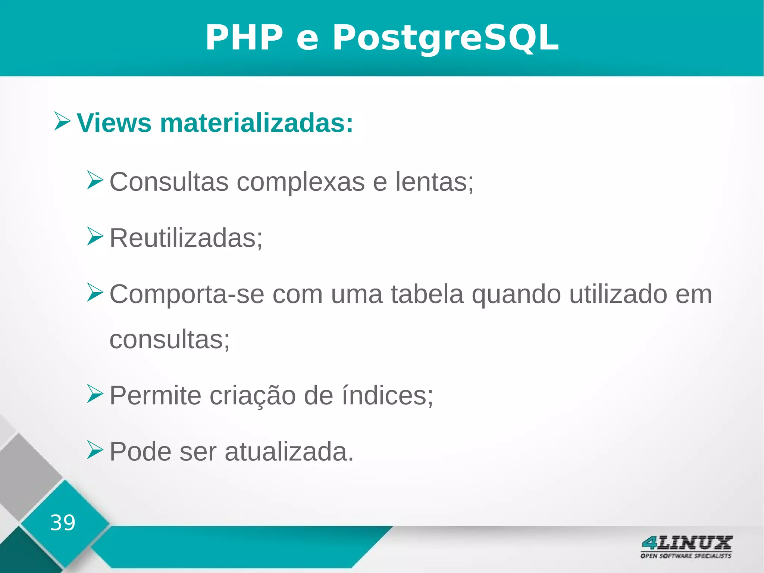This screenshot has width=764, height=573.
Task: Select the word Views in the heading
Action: pyautogui.click(x=114, y=123)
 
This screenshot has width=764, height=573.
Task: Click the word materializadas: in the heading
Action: pyautogui.click(x=256, y=123)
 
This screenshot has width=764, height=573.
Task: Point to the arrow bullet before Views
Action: pyautogui.click(x=62, y=121)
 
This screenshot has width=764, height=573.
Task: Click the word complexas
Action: pyautogui.click(x=301, y=182)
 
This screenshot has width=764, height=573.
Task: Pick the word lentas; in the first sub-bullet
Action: pyautogui.click(x=434, y=182)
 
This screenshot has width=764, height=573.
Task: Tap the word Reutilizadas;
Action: pyautogui.click(x=186, y=238)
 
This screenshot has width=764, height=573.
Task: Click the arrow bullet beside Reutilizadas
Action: pyautogui.click(x=95, y=236)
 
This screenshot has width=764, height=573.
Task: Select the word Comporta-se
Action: pyautogui.click(x=187, y=295)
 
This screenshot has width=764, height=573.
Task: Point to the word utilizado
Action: pyautogui.click(x=618, y=294)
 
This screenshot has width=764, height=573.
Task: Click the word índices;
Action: pyautogui.click(x=388, y=396)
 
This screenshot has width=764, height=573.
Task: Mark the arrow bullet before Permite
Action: pyautogui.click(x=95, y=394)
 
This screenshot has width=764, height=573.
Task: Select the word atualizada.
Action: pyautogui.click(x=289, y=452)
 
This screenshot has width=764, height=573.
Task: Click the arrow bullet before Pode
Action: pyautogui.click(x=95, y=450)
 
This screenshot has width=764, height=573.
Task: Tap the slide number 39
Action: pyautogui.click(x=63, y=523)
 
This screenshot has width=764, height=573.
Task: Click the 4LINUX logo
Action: pyautogui.click(x=686, y=547)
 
